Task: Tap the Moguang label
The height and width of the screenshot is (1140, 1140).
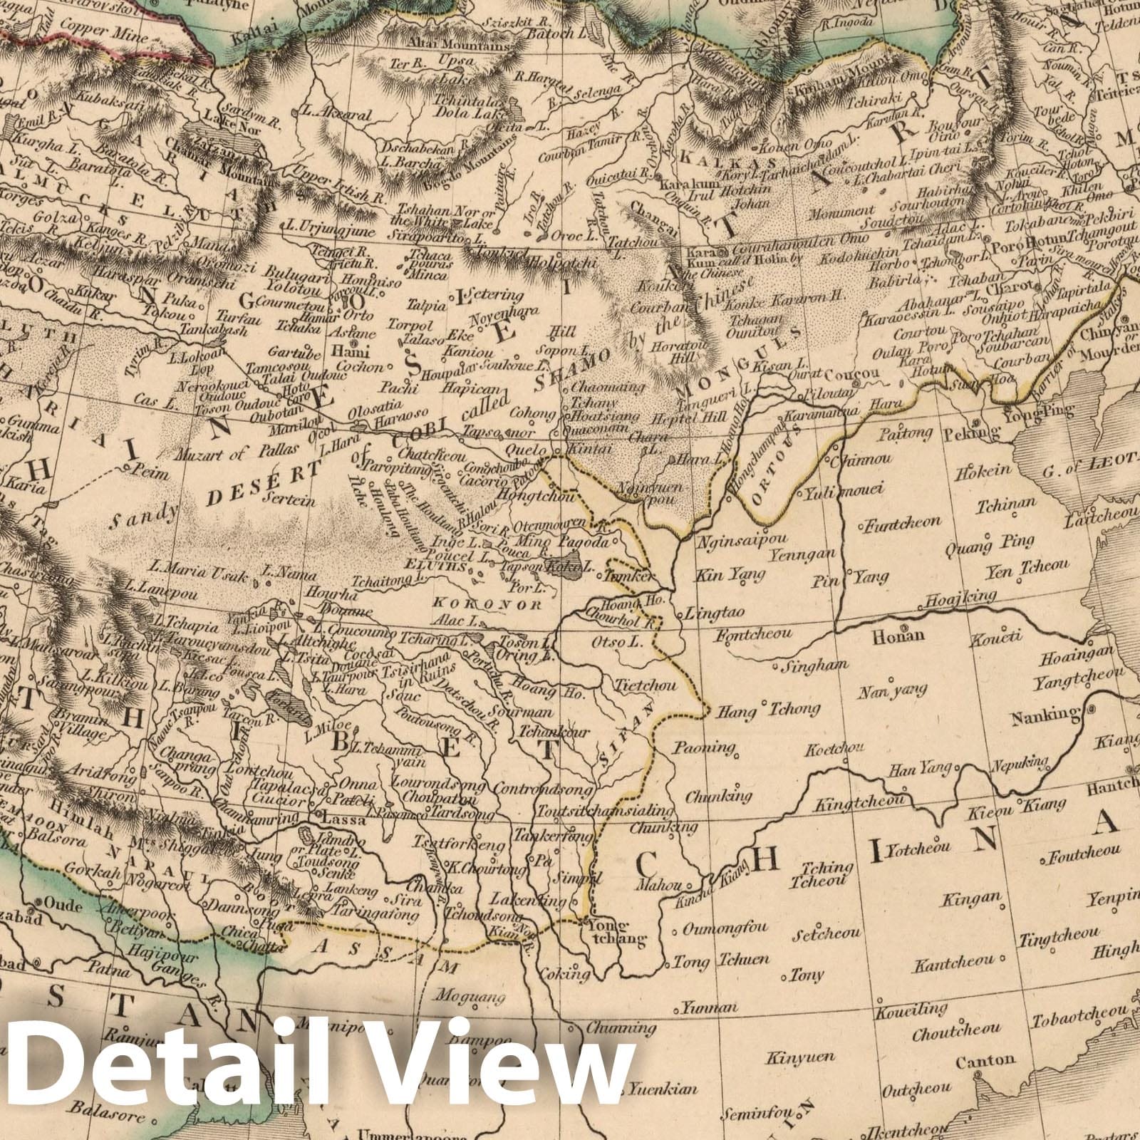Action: pos(467,992)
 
